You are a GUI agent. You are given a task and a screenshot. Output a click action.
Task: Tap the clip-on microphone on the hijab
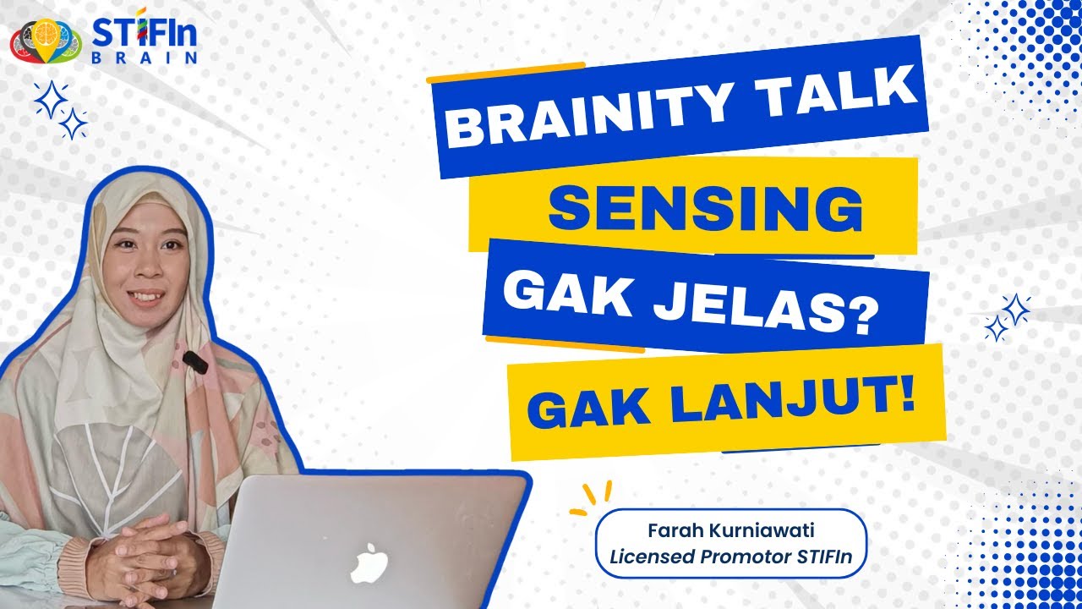coord(194,362)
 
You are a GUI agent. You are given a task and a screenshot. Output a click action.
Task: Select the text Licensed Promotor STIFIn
coord(731,557)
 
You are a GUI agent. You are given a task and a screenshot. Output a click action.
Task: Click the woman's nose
coord(145,269)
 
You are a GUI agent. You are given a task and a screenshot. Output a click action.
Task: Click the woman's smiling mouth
coord(146,296)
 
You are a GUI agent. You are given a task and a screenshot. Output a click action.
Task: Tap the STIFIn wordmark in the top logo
coord(144,31)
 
